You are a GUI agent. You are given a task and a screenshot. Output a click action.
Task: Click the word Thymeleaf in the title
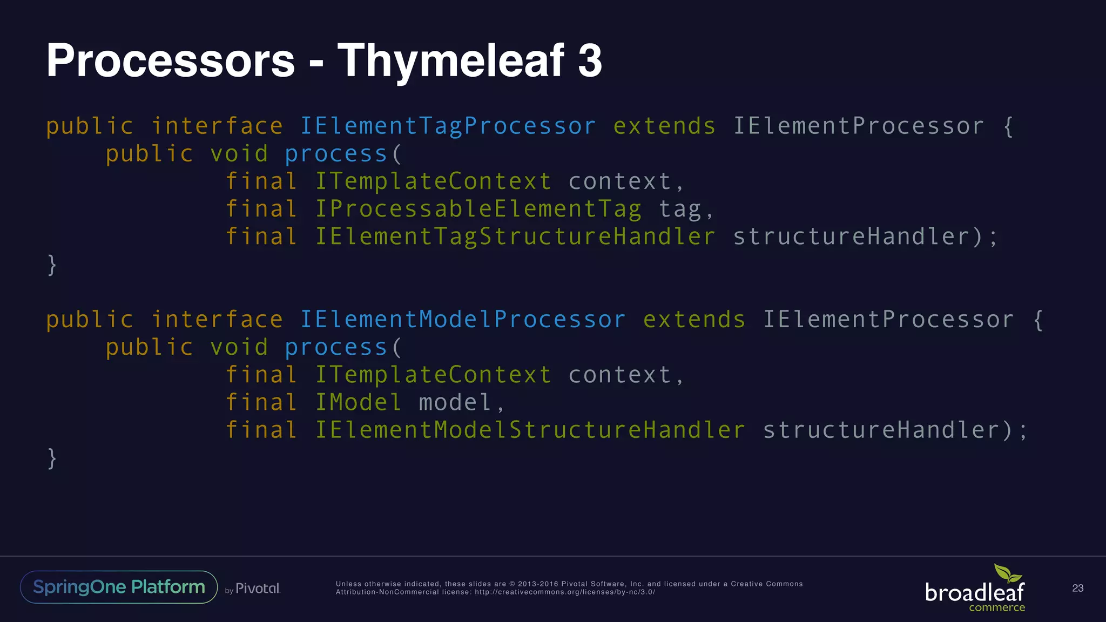click(451, 60)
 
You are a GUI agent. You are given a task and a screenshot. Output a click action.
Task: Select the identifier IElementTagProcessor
click(448, 126)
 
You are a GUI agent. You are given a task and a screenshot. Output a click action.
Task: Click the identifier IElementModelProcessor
click(463, 320)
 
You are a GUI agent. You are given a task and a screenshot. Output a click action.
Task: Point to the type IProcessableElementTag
click(478, 209)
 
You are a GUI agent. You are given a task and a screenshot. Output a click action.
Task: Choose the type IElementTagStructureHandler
click(515, 237)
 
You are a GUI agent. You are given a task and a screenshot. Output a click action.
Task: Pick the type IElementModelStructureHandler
click(530, 430)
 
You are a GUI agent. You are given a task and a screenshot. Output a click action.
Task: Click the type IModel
click(358, 403)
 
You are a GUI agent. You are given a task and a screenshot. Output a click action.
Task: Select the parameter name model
click(455, 403)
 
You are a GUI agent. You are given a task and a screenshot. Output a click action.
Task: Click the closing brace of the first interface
click(52, 265)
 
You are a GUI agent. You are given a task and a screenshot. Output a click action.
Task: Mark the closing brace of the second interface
click(52, 458)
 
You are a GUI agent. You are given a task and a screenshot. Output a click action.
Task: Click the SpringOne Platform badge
click(119, 587)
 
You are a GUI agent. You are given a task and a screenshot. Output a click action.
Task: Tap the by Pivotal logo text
click(253, 589)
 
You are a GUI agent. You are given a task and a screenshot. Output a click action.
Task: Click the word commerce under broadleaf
click(996, 608)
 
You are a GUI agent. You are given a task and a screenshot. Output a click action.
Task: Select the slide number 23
click(1077, 588)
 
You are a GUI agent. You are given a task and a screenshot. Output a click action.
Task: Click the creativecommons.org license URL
click(564, 592)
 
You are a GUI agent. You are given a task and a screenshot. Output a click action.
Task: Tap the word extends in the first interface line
click(664, 126)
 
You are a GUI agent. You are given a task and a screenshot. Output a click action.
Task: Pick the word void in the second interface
click(239, 347)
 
